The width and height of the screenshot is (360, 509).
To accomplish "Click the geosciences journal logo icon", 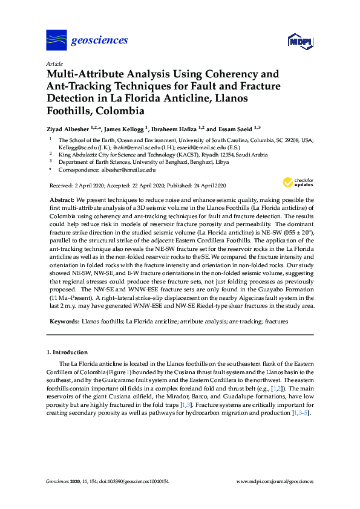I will (56, 41).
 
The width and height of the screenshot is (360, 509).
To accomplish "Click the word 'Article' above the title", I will (54, 63).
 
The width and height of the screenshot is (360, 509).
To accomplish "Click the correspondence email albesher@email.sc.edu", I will (131, 170).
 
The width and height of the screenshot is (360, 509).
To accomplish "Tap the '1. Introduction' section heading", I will (67, 352).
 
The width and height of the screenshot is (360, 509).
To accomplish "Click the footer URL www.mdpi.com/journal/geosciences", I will (275, 482).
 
